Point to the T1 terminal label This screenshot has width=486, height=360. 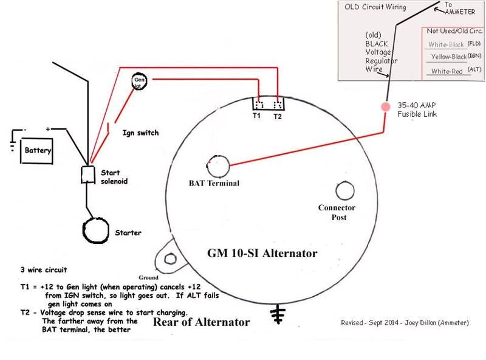256,115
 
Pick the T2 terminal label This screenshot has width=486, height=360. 278,115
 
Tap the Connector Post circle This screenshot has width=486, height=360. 344,192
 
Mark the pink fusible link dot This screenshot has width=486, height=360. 385,106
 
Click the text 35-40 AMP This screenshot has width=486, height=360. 416,105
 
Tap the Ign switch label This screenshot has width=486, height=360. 141,132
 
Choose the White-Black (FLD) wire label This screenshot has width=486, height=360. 447,44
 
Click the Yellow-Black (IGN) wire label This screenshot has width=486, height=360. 448,57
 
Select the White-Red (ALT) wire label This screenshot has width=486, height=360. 447,71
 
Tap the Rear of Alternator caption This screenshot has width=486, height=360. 201,322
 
